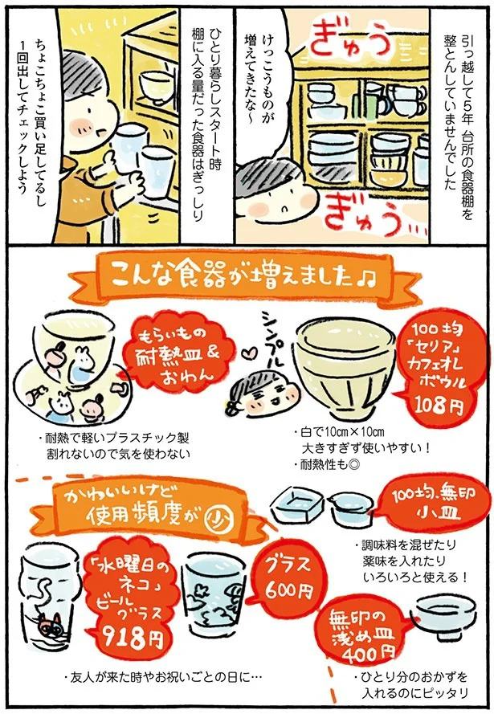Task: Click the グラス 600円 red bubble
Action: [x=285, y=577]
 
